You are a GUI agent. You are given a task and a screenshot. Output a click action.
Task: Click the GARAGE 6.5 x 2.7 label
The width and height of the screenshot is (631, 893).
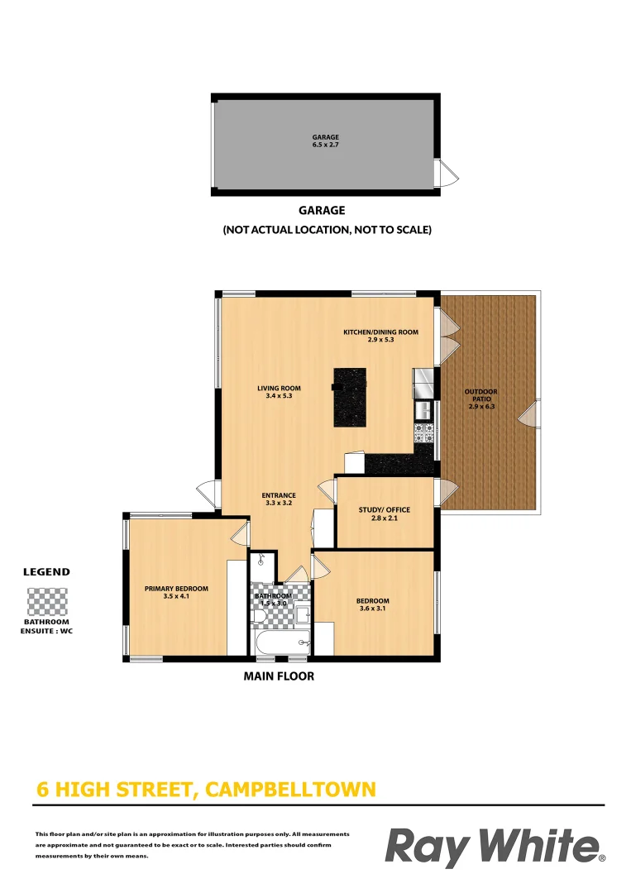click(325, 141)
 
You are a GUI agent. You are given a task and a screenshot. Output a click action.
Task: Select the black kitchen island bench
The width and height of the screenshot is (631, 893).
click(350, 397)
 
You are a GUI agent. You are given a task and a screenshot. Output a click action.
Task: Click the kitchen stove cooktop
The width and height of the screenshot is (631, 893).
click(423, 431)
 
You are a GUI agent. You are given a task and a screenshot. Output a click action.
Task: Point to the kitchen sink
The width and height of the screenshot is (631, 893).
click(423, 409)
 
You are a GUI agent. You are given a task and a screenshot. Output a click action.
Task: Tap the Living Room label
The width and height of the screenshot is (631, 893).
click(279, 392)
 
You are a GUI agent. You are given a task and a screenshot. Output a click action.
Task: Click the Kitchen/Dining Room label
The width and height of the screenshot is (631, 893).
click(380, 336)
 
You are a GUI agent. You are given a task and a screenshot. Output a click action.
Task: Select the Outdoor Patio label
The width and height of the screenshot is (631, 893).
click(480, 399)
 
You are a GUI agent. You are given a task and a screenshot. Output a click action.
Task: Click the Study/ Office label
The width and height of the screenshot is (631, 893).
click(384, 514)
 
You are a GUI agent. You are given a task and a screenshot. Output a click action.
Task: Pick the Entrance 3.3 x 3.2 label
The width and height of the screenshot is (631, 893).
click(279, 499)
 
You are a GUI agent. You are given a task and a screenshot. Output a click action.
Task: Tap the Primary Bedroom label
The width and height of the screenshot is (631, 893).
click(176, 592)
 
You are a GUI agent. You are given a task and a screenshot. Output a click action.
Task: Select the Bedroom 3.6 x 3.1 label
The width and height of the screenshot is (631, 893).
click(372, 605)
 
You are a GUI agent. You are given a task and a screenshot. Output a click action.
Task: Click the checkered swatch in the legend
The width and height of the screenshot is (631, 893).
click(46, 601)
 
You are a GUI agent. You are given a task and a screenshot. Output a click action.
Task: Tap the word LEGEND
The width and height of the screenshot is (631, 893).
click(46, 571)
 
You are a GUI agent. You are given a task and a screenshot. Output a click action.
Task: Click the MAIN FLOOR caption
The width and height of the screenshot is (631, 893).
click(279, 676)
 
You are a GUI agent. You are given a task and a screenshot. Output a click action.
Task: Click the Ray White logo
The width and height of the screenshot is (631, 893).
click(495, 847)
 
